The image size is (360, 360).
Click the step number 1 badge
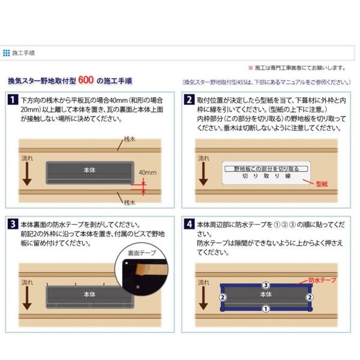point(13,100)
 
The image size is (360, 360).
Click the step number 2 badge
point(189,100)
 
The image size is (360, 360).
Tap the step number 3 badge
point(13,224)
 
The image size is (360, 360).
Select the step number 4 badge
point(189,224)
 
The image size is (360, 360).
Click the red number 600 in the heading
point(86,80)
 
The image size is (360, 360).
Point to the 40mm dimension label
point(148,172)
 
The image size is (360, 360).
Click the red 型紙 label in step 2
point(322,184)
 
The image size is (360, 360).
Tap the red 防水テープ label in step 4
point(322,280)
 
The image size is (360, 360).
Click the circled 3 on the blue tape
point(266,285)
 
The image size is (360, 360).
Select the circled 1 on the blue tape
point(266,309)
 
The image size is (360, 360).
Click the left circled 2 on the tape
point(223,298)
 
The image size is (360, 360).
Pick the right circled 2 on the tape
point(310,298)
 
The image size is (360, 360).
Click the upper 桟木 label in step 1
point(130,139)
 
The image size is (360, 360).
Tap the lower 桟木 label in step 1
point(130,203)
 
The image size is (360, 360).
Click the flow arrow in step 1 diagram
point(27,174)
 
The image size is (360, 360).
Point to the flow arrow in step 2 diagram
point(203,174)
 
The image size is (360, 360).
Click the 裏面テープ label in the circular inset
point(142,253)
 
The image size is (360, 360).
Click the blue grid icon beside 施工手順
point(7,53)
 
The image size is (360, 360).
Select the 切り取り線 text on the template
point(266,176)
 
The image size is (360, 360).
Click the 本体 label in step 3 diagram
point(89,295)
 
